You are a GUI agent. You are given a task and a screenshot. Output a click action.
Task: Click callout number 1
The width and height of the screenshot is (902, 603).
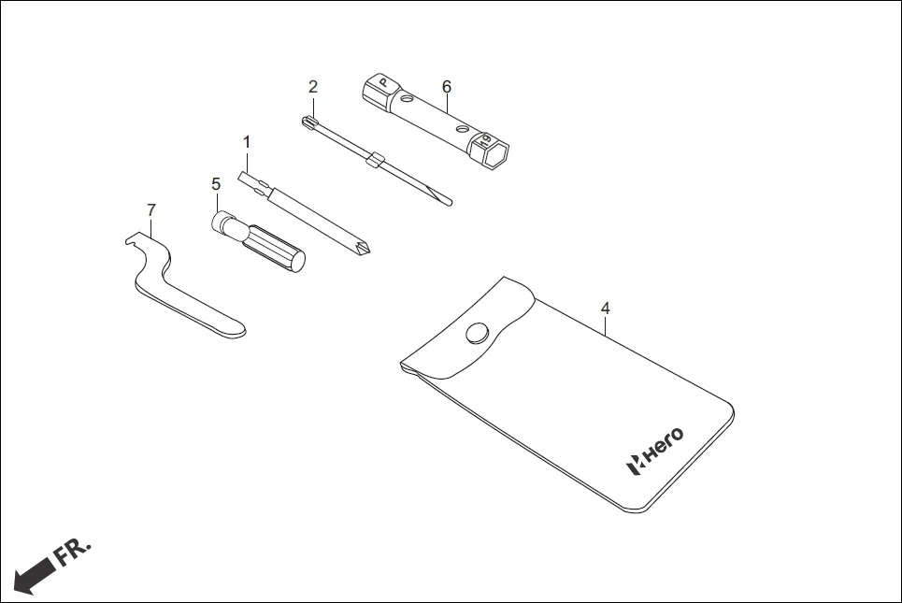click(247, 142)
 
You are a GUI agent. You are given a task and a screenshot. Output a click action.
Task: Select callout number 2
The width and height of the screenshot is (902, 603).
click(313, 87)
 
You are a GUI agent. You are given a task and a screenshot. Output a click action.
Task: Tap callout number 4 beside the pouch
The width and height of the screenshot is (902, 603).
click(606, 308)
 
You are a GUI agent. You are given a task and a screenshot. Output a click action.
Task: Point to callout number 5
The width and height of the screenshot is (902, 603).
click(216, 184)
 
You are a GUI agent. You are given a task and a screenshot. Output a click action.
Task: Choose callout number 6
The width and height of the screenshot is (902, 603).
click(447, 86)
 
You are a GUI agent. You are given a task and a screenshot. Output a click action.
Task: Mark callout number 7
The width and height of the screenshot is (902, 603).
click(150, 209)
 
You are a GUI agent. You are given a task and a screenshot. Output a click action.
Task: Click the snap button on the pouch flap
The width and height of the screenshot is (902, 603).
click(479, 333)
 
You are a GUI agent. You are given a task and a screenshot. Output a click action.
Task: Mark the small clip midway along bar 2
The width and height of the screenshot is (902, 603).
click(374, 159)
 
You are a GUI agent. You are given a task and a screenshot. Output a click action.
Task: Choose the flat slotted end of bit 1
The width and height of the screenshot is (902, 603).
click(249, 179)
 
